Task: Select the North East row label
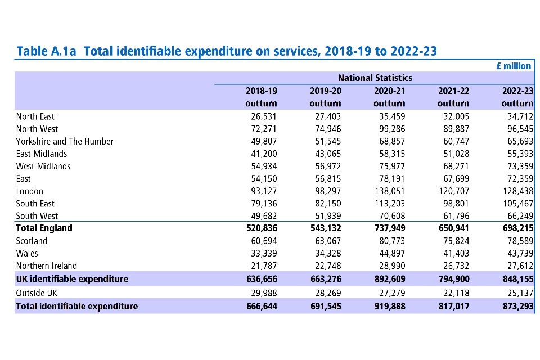[35, 116]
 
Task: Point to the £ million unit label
[514, 66]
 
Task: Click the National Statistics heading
[375, 78]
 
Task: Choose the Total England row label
[44, 228]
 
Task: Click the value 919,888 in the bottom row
[389, 307]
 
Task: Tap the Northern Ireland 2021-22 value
[453, 265]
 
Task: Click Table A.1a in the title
[47, 51]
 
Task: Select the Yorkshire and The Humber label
[65, 141]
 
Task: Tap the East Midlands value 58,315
[389, 154]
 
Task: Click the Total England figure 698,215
[517, 228]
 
